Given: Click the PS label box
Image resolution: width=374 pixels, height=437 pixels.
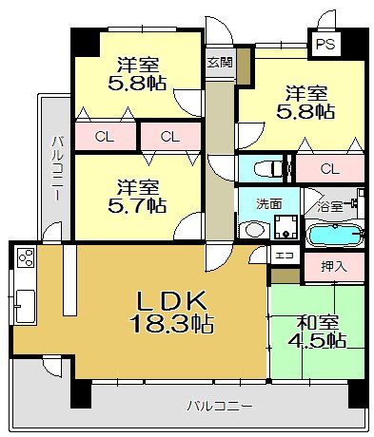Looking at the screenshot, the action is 325,44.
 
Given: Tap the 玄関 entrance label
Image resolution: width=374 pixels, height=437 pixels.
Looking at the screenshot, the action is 220,63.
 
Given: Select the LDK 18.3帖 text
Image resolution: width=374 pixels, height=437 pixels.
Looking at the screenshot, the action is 171,312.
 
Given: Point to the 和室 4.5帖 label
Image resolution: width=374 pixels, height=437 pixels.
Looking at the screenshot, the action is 317,332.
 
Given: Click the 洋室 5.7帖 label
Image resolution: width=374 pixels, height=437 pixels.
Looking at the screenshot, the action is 137,197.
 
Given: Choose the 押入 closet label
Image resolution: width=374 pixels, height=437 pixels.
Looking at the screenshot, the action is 333,267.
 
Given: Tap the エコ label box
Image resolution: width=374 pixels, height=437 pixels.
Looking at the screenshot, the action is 285,255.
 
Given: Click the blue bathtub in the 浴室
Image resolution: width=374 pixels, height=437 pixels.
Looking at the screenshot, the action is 335,235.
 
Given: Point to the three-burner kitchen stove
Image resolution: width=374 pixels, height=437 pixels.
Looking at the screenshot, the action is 26,257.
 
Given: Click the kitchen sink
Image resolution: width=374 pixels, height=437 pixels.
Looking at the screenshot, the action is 25,306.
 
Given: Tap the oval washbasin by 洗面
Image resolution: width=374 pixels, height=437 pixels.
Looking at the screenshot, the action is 254,230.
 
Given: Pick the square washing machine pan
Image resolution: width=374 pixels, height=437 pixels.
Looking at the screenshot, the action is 286,227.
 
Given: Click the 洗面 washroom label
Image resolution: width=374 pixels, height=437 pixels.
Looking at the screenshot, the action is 269,204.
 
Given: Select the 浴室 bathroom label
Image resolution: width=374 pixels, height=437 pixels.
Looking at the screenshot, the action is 330,206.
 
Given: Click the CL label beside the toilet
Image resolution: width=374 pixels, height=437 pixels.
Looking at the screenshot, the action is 329,169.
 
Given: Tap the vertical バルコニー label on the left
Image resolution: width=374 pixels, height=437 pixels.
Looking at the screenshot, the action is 57,168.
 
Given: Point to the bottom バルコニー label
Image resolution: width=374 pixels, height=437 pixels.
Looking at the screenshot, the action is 220,406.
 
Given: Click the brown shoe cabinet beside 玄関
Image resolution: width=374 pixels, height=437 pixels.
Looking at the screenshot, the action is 244,66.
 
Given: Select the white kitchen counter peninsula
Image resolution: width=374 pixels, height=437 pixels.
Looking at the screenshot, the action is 69,279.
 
